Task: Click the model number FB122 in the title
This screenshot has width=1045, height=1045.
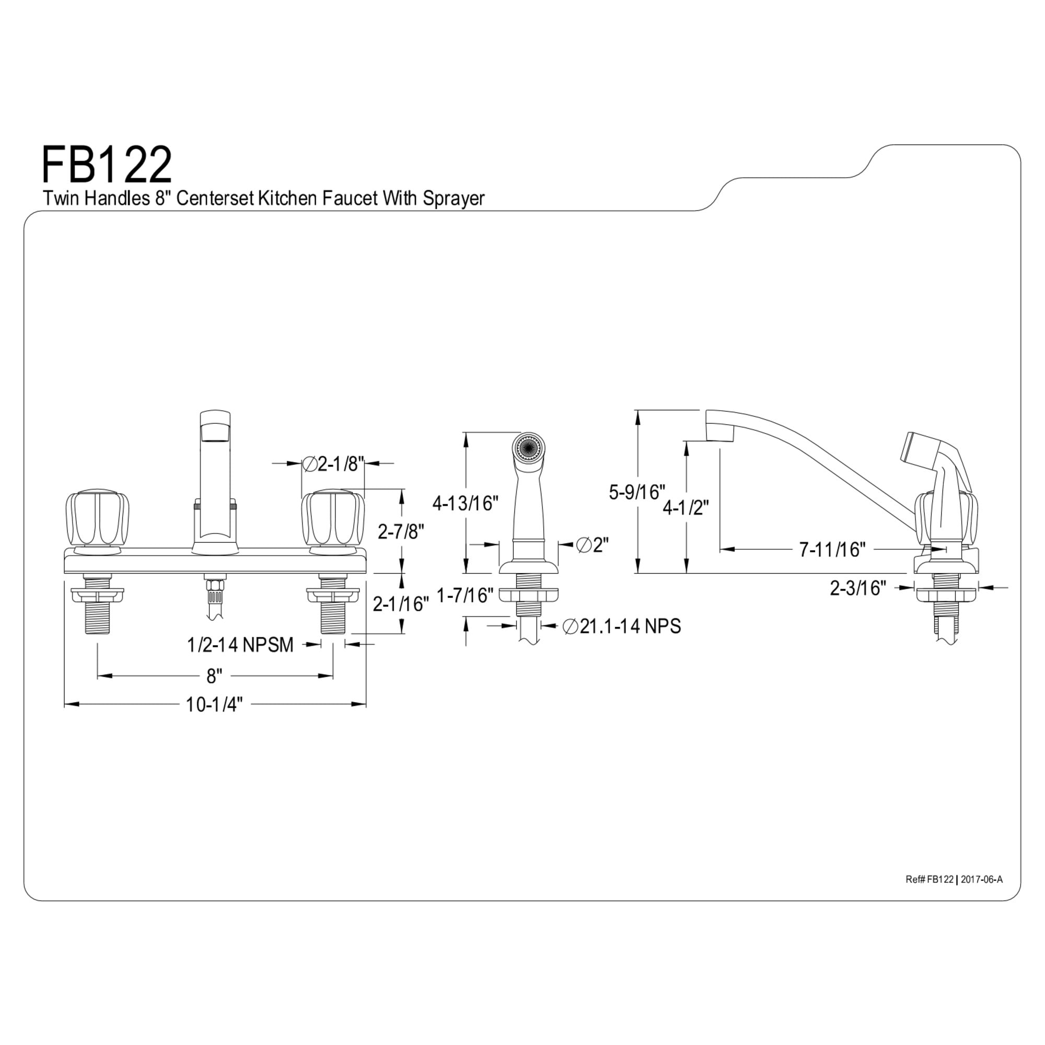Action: pos(107,165)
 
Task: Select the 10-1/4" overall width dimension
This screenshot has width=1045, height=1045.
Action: pos(214,704)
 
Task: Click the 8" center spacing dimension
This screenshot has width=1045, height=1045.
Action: pos(214,676)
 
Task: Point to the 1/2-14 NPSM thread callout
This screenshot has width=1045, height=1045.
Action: pos(240,644)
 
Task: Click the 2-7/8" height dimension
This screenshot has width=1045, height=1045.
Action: pos(400,531)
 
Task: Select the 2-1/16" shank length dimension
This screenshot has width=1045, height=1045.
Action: pos(400,603)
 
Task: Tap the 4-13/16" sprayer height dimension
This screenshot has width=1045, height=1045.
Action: pos(465,503)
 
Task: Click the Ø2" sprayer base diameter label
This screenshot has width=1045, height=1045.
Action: pos(593,544)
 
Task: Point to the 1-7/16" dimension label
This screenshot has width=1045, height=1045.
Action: pos(465,596)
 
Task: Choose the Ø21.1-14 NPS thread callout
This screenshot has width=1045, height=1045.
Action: pos(621,626)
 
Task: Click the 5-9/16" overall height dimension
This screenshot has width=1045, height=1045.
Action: pos(636,492)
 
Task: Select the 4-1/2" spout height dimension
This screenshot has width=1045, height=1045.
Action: pos(686,507)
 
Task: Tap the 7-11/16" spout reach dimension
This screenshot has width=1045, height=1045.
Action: pos(832,550)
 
